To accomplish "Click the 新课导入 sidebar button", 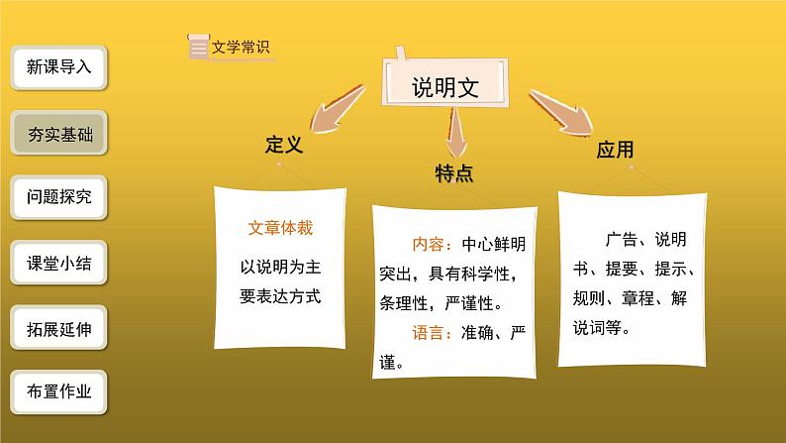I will click(59, 68).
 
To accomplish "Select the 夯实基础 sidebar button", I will click(59, 134).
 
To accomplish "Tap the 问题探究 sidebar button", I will click(59, 198).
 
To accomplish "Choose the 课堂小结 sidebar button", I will click(59, 264).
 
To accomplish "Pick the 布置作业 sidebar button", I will click(59, 392).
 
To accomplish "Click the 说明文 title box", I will click(445, 88).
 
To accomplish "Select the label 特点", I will click(453, 173).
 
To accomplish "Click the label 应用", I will click(615, 151).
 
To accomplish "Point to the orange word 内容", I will click(430, 244).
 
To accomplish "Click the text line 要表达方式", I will click(281, 294).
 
